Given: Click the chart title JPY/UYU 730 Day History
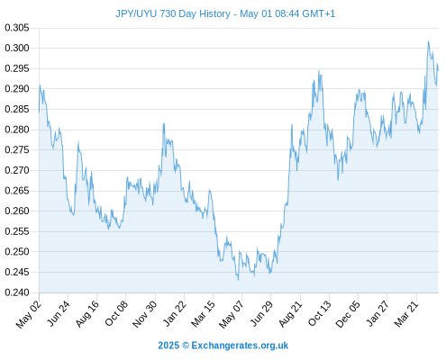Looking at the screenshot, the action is pos(173,13).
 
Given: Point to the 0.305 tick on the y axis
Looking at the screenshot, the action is pos(17,28).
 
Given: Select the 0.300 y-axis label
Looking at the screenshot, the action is pos(17,48).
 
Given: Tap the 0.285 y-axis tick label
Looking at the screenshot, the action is pos(17,109).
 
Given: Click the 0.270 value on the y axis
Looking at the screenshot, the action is pos(17,170).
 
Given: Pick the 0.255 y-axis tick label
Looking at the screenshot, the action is pos(17,231).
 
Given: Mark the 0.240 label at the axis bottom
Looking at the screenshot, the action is pos(17,292).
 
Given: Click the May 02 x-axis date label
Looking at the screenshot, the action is pos(29,314).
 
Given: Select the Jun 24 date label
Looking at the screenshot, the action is pos(59,313).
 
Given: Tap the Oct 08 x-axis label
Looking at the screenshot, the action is pos(116,313).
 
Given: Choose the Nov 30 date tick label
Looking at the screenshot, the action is pos(144,314).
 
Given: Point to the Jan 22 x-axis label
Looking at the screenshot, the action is pos(174,313).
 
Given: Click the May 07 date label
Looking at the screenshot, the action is pos(232,314).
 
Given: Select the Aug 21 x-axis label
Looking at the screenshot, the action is pos(290,314).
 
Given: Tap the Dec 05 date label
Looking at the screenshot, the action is pos(347,314).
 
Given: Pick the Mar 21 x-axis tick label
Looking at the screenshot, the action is pos(406,313).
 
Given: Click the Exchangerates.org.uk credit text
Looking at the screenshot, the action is pos(240,346).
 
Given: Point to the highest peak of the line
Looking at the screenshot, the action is pos(429,41).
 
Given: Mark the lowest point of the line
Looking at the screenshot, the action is pos(239,280).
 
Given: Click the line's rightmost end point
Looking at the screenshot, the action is pos(438,71).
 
